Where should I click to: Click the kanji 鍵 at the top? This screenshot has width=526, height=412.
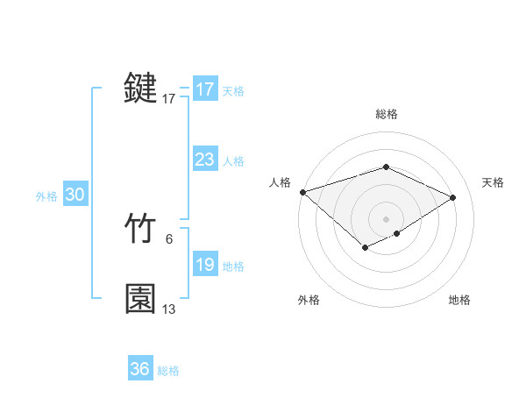click(140, 89)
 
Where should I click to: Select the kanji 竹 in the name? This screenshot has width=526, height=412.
click(140, 230)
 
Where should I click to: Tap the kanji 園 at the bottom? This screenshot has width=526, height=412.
click(140, 299)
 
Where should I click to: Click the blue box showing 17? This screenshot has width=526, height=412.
click(204, 89)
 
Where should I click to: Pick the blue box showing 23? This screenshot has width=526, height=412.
click(204, 160)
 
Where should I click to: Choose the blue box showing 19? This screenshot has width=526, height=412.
click(204, 265)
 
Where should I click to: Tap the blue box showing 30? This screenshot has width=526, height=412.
click(75, 195)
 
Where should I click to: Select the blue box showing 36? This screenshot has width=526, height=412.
click(139, 369)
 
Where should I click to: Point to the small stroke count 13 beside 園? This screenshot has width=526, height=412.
click(169, 309)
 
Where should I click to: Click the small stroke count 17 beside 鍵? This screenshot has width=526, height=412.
click(169, 99)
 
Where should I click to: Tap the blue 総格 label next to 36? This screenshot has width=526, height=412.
click(168, 371)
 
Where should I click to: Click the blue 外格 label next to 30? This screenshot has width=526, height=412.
click(46, 196)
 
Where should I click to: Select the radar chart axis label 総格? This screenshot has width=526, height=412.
click(386, 114)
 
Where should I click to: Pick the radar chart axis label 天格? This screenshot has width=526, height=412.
click(494, 182)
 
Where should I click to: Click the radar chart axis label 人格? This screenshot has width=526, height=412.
click(280, 182)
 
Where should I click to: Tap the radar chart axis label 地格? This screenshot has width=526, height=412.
click(459, 300)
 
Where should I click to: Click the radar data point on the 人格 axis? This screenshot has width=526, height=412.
click(302, 191)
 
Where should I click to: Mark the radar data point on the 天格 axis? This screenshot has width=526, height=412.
click(453, 197)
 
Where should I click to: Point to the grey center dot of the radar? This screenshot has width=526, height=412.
click(386, 218)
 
